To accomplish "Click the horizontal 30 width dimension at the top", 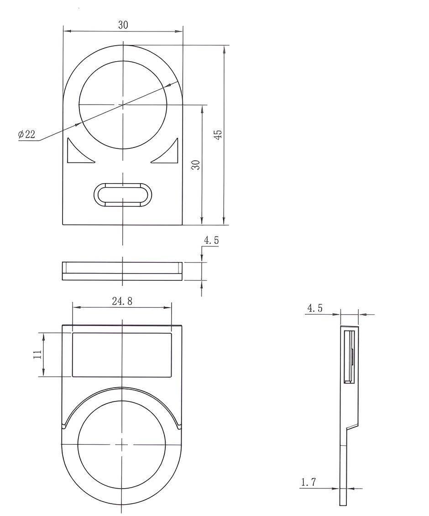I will (x=123, y=26).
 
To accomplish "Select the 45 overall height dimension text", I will (x=219, y=134).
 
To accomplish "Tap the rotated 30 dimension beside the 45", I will (x=196, y=165).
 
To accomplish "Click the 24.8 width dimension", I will (x=122, y=301).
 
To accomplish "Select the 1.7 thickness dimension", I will (x=309, y=482).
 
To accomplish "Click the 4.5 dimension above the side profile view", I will (x=314, y=308).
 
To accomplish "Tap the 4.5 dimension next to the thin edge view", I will (x=211, y=241).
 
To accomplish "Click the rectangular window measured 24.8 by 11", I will (x=122, y=355).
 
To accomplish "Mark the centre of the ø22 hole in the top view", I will (x=123, y=105).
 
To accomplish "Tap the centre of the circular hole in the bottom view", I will (x=122, y=444).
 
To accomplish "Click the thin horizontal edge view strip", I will (x=122, y=271).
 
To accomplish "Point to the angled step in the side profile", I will (x=352, y=427).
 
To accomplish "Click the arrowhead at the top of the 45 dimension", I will (x=224, y=50).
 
